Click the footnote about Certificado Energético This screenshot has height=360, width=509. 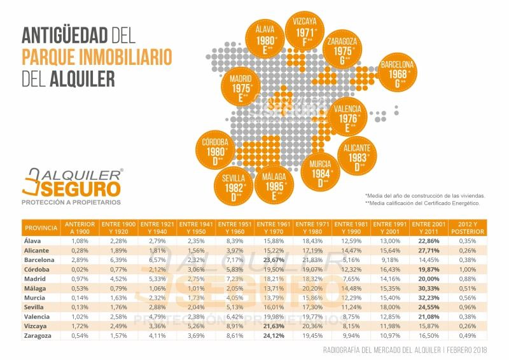[421, 203]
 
